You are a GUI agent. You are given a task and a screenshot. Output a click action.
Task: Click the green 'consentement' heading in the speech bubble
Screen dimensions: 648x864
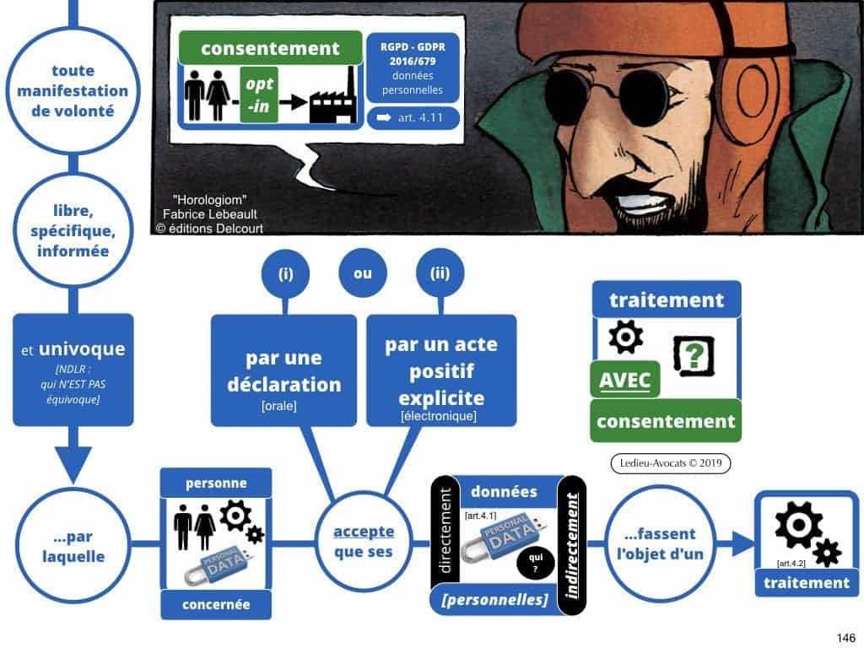coord(270,48)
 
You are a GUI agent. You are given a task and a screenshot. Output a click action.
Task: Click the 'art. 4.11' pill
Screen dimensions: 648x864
coord(413,118)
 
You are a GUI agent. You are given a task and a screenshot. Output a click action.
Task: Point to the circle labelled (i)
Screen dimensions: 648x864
coord(285,273)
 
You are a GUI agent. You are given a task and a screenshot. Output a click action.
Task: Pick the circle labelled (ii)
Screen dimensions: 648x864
coord(440,273)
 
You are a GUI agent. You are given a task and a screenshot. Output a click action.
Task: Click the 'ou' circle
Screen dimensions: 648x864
coord(363,273)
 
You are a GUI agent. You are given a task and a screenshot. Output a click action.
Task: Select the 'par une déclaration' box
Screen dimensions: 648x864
coord(283,370)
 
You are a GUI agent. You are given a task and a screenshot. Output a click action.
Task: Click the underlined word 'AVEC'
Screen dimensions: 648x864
coord(625,381)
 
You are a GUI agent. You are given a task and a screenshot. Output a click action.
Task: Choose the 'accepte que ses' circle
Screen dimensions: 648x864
coord(363,541)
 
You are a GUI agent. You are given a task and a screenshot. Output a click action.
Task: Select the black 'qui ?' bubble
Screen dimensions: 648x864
coord(534,561)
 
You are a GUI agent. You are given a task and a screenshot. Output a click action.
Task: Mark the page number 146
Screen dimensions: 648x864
coord(844,637)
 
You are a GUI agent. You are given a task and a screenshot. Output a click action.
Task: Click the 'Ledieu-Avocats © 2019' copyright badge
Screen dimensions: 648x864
coord(670,462)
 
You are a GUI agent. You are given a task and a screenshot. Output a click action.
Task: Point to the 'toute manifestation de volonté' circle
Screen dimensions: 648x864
coord(73,90)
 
